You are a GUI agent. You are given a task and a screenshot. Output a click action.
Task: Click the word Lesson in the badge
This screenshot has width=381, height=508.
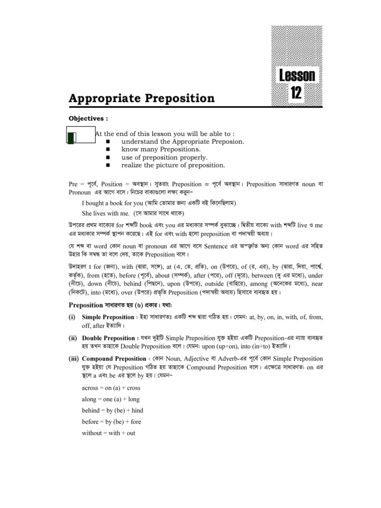coord(297,75)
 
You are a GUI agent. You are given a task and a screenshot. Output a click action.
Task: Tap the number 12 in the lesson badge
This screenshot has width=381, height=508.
coord(296,93)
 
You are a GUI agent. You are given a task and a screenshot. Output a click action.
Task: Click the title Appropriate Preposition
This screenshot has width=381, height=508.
coord(141,98)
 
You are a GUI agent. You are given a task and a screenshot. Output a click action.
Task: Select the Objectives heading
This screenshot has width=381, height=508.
coord(88,119)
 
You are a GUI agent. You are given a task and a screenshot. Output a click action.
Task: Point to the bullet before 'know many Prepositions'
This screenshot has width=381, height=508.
coord(107,149)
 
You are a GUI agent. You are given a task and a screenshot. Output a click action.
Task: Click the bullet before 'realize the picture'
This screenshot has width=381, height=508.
coord(107,165)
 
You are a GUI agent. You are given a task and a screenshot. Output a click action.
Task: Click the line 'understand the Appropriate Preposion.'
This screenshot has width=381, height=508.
coord(180,141)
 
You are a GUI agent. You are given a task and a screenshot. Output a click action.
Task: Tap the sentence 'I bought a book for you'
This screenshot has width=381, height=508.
coord(114,203)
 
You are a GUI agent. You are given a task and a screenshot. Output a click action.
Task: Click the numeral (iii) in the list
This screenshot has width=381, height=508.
coord(74,358)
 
